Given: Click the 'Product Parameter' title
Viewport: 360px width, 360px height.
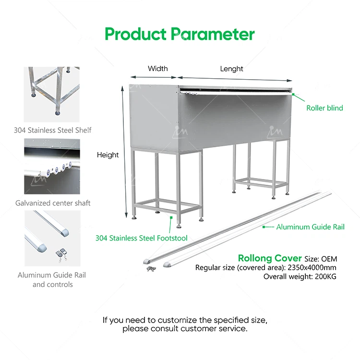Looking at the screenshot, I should (180, 34).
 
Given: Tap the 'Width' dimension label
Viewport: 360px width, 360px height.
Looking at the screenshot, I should (157, 69).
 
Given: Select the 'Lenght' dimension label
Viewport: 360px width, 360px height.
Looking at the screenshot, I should (231, 69).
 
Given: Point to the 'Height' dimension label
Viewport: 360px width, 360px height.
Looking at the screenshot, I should (108, 155).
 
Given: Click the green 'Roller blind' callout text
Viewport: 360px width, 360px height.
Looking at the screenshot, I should (324, 108).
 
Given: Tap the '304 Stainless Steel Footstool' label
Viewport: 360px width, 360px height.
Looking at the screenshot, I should (141, 238).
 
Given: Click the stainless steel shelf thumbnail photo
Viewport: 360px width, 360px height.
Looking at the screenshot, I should (52, 94).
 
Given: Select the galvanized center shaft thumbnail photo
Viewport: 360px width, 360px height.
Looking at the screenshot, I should (52, 167).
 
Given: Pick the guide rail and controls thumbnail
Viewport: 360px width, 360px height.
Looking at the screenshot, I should (52, 239).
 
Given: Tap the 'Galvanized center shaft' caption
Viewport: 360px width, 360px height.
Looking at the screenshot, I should (52, 203).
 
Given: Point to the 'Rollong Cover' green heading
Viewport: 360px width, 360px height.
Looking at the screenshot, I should (270, 258).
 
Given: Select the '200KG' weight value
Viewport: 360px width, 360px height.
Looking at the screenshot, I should (326, 276).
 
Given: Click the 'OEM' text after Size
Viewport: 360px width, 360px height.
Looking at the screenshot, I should (329, 259).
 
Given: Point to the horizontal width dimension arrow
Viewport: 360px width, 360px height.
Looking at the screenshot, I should (154, 76).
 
